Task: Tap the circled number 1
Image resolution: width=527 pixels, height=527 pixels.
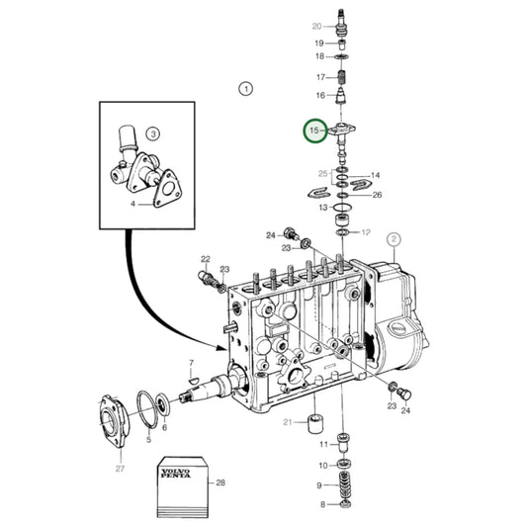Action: (x=245, y=89)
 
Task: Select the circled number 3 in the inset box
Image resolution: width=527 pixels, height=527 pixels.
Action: (x=153, y=132)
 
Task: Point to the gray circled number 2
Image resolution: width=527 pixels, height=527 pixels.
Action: (x=393, y=238)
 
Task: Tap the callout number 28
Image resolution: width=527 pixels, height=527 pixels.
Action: (x=220, y=483)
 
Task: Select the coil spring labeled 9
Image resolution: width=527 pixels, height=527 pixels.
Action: (x=345, y=487)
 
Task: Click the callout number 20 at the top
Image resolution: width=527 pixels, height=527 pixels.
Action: (x=316, y=26)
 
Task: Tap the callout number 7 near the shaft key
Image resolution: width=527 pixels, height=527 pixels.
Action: (x=191, y=365)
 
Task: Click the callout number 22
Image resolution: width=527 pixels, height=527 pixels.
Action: (x=206, y=260)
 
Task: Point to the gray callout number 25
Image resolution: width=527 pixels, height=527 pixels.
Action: (x=321, y=174)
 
